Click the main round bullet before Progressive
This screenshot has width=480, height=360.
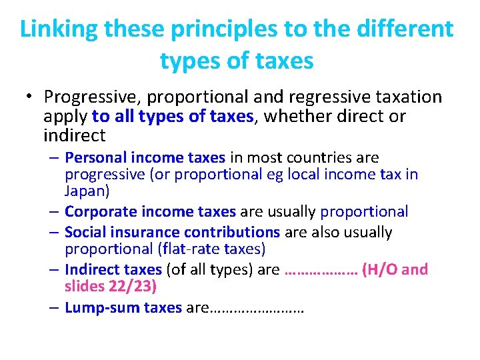(31, 97)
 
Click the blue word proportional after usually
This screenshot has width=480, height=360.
(364, 212)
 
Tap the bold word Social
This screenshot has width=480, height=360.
(83, 233)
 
